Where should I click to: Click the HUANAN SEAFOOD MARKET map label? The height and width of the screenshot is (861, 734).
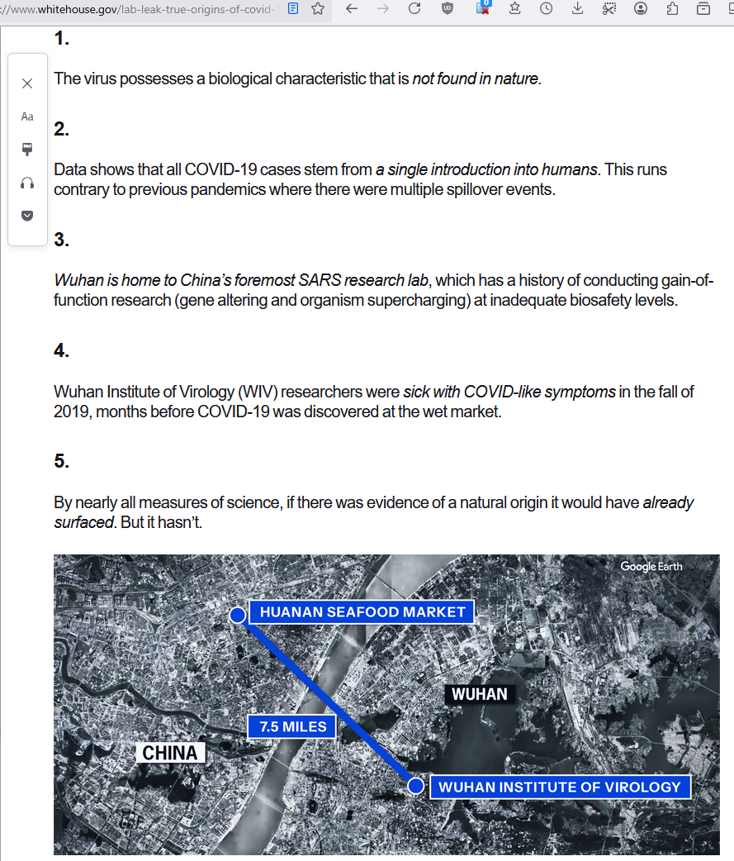coord(362,612)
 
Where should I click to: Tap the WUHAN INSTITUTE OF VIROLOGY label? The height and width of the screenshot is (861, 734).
coord(559,787)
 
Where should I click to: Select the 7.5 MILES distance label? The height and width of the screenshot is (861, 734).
coord(292,727)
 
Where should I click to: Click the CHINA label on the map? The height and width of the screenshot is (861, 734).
coord(170,753)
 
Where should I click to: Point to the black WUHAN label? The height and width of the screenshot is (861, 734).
coord(480,693)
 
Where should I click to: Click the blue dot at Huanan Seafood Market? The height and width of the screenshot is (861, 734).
coord(237,615)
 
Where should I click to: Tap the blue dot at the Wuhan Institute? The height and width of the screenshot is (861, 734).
coord(415,786)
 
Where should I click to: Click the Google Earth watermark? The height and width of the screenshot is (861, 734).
coord(651,567)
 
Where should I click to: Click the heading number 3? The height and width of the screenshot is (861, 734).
coord(61,240)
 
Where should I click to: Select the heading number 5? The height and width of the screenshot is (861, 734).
coord(61,461)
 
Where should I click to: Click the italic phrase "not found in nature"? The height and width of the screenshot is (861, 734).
coord(476,79)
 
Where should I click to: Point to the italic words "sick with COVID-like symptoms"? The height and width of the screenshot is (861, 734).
coord(509,392)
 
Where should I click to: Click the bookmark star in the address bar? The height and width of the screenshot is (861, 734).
coord(318,9)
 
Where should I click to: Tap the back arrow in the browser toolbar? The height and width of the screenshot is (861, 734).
coord(352,9)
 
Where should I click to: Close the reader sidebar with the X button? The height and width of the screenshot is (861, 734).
coord(27,83)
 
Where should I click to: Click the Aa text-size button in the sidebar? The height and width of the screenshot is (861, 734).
coord(27,117)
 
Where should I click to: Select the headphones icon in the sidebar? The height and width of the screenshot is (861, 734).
coord(27,183)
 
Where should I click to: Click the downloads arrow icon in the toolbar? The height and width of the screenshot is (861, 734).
coord(578,9)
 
